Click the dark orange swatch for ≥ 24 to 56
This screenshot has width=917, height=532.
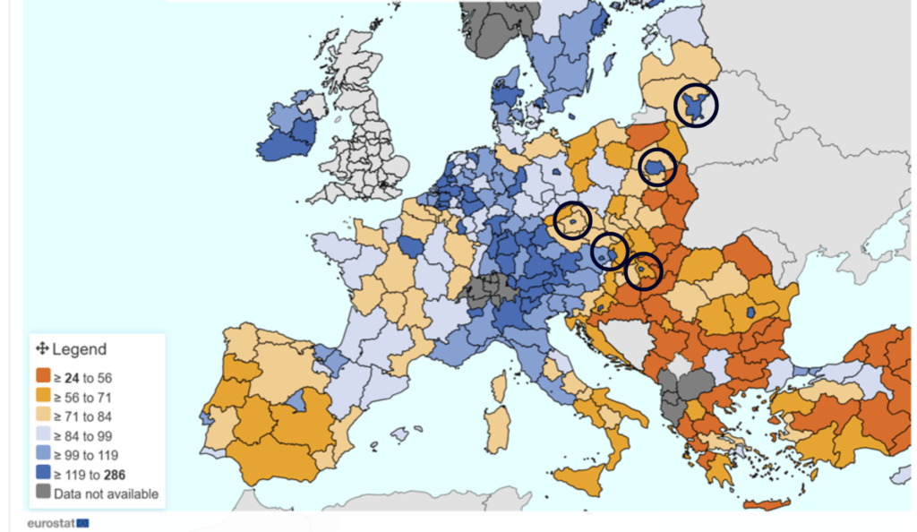pos(42,377)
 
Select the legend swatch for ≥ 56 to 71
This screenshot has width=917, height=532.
pos(42,397)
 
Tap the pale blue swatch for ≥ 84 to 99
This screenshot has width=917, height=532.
pos(42,435)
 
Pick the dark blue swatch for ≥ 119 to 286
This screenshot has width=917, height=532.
pos(42,474)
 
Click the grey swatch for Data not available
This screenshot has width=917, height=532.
pos(42,493)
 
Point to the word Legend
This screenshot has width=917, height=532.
pos(80,349)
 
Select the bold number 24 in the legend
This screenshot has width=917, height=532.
pos(73,377)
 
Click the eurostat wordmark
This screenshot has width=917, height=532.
pos(50,521)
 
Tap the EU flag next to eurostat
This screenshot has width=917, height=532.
pos(83,521)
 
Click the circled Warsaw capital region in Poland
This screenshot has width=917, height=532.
pos(657,167)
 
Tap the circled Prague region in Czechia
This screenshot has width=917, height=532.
pos(571,220)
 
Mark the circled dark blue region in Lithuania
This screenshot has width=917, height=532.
pos(696,106)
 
